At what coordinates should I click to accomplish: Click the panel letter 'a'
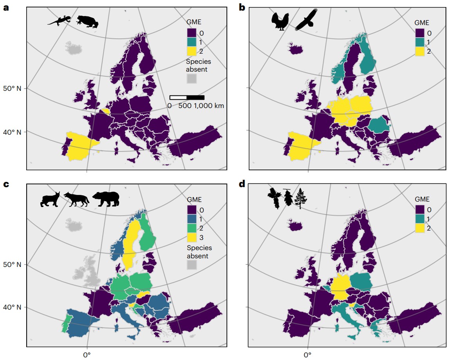[5, 8]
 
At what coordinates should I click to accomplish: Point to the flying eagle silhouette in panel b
[306, 20]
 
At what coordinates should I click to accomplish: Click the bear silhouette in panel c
[105, 198]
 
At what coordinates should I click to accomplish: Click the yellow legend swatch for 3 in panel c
[192, 237]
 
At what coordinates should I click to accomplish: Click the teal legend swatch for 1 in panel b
[420, 42]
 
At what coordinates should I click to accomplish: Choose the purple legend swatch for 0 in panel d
[420, 209]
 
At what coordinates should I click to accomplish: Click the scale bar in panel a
[187, 97]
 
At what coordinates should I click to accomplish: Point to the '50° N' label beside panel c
[13, 265]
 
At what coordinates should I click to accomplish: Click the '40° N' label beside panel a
[13, 132]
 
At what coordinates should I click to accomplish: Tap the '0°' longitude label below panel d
[307, 355]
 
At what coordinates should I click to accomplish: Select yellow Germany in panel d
[341, 289]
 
